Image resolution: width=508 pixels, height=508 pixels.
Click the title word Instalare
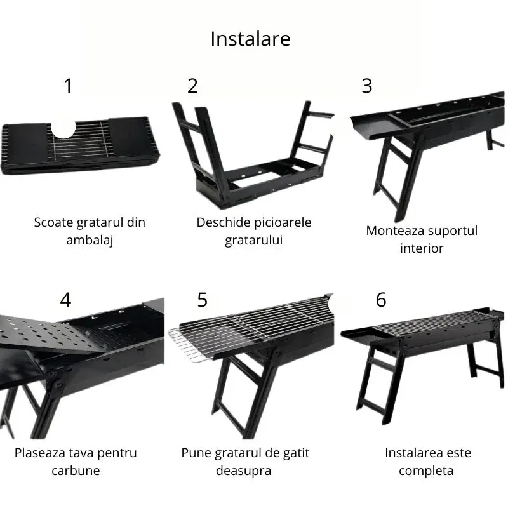tap(250, 39)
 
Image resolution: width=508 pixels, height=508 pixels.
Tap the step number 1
tap(69, 86)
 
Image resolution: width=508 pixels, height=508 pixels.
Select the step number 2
tap(192, 86)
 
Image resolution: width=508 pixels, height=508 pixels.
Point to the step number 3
tap(366, 86)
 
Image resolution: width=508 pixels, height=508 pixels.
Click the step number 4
tap(65, 300)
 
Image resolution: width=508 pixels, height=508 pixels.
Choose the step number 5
tap(202, 300)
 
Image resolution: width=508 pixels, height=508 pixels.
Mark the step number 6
tap(381, 300)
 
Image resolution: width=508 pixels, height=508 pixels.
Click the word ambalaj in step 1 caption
tap(90, 241)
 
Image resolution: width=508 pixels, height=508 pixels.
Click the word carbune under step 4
tap(76, 471)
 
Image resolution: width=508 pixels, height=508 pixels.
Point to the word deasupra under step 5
tap(244, 471)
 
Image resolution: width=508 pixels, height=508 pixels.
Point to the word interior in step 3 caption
tap(422, 248)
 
